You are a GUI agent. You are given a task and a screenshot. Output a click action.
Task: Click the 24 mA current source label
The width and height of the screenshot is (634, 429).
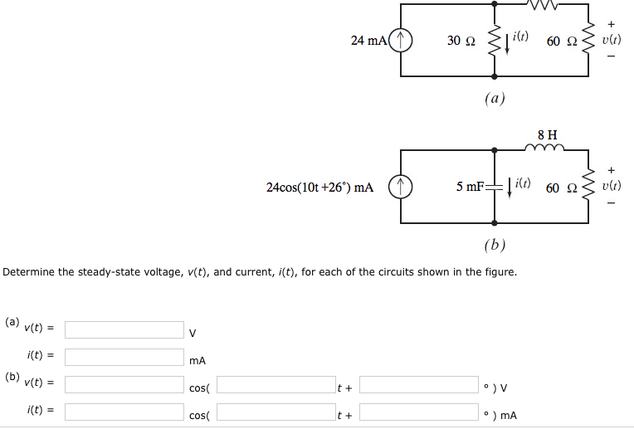368,40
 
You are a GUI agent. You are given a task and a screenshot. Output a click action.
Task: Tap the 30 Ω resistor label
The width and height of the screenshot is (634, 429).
461,41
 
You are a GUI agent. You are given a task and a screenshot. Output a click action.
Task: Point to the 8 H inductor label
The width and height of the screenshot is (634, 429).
547,134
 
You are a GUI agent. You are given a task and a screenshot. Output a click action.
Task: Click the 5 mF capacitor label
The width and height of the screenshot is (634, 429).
470,188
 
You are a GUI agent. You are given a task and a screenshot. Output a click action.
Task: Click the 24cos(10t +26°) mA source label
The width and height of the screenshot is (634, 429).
319,188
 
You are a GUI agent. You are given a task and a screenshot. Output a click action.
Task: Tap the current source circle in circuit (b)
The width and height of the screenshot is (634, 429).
401,188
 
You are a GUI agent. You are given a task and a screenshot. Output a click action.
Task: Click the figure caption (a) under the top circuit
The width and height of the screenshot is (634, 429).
495,98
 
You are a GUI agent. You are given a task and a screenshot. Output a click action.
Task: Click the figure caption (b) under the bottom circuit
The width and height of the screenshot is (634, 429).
495,245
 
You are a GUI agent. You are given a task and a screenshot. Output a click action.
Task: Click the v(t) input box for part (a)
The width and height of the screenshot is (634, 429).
124,330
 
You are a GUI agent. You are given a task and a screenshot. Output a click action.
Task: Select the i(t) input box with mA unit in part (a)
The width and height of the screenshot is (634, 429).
124,358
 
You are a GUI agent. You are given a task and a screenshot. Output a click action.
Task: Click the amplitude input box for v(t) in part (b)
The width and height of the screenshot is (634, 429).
124,385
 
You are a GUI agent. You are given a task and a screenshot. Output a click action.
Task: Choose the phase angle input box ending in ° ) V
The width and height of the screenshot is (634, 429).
419,385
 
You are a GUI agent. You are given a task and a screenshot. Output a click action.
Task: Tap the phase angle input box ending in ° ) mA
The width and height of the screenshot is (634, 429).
419,412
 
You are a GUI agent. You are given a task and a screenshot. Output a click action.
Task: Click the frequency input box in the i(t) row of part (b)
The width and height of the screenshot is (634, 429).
276,412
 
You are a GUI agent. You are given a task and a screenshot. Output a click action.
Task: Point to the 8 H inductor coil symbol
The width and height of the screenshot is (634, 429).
544,148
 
